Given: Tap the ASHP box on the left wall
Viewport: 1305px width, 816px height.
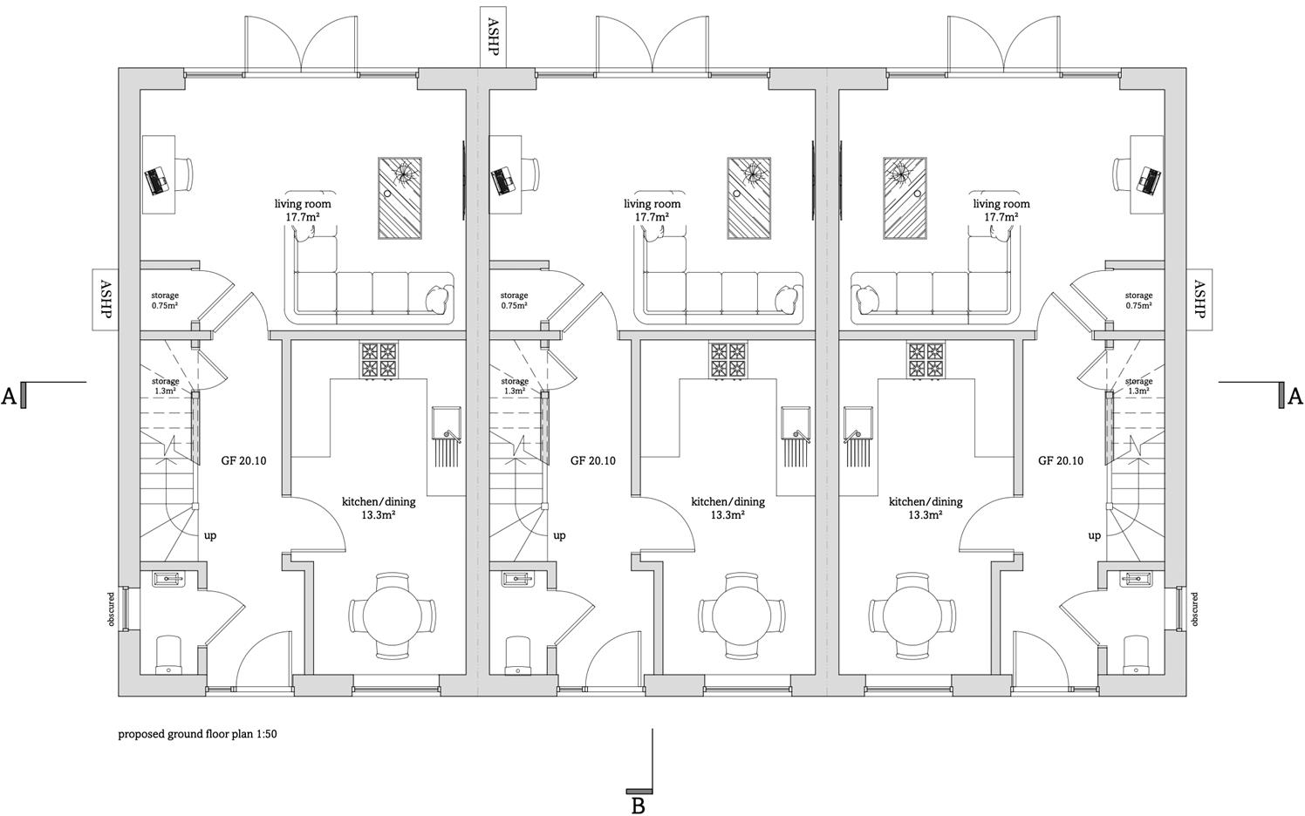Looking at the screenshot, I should tap(105, 299).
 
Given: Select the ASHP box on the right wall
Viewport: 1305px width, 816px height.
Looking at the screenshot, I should tap(1199, 299).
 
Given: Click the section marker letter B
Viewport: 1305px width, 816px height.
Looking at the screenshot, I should tap(638, 805).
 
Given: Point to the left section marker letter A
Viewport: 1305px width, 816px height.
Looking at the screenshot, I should tap(10, 397).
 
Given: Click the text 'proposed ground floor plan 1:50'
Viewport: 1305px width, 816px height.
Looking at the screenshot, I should tap(197, 734).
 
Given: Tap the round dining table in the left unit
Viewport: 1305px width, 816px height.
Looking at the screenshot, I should tap(392, 615).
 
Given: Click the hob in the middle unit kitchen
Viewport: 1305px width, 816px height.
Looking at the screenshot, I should tap(729, 360).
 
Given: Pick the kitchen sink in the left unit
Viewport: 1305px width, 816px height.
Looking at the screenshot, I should tap(446, 423).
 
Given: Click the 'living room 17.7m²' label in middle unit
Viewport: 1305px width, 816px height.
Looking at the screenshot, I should tap(652, 210).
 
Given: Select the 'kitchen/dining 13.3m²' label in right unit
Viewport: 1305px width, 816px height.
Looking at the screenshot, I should tap(925, 508).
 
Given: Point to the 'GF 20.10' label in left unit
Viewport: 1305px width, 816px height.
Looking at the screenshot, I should tap(243, 460).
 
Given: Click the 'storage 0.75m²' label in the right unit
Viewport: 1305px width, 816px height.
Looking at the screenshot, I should tap(1138, 301).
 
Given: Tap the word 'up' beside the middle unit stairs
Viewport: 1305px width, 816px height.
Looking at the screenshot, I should tap(559, 535).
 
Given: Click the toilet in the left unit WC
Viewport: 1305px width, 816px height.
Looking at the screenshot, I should tap(168, 655).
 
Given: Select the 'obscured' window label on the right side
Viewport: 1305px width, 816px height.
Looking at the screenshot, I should tap(1194, 609).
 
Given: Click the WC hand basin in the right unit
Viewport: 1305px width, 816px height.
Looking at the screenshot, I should tap(1138, 577).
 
